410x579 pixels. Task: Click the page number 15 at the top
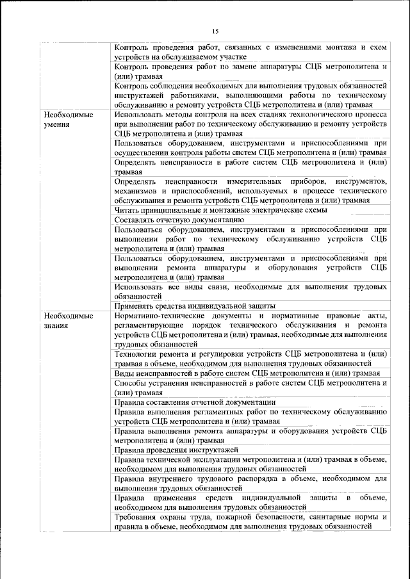click(x=215, y=31)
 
